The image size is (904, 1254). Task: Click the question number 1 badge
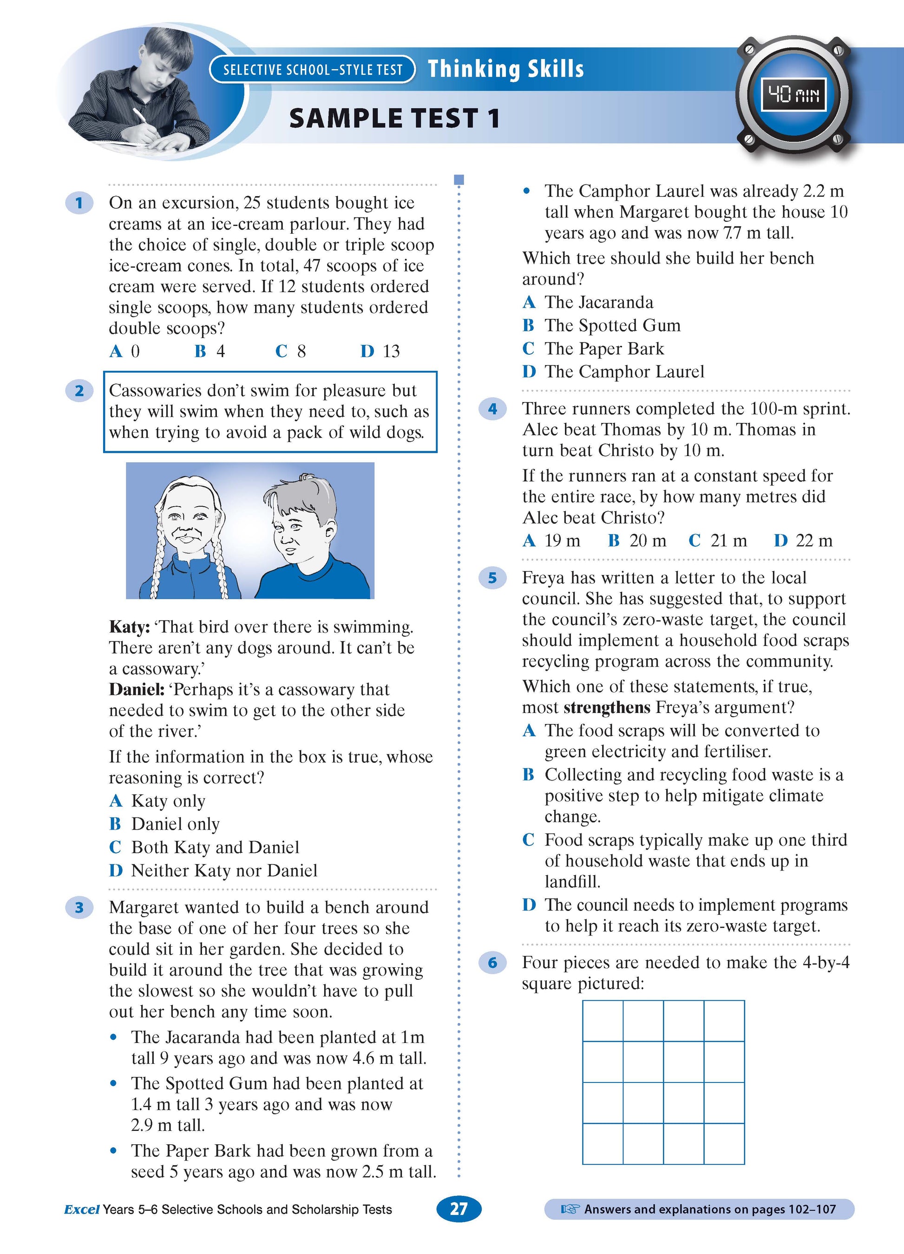coord(79,203)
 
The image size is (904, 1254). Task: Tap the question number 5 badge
coord(492,578)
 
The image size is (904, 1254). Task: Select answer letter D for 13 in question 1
coord(367,351)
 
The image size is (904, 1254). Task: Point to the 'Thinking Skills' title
coord(505,69)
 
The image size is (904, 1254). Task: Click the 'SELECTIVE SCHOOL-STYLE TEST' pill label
coord(312,70)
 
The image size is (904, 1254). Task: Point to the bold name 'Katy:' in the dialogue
coord(129,627)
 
